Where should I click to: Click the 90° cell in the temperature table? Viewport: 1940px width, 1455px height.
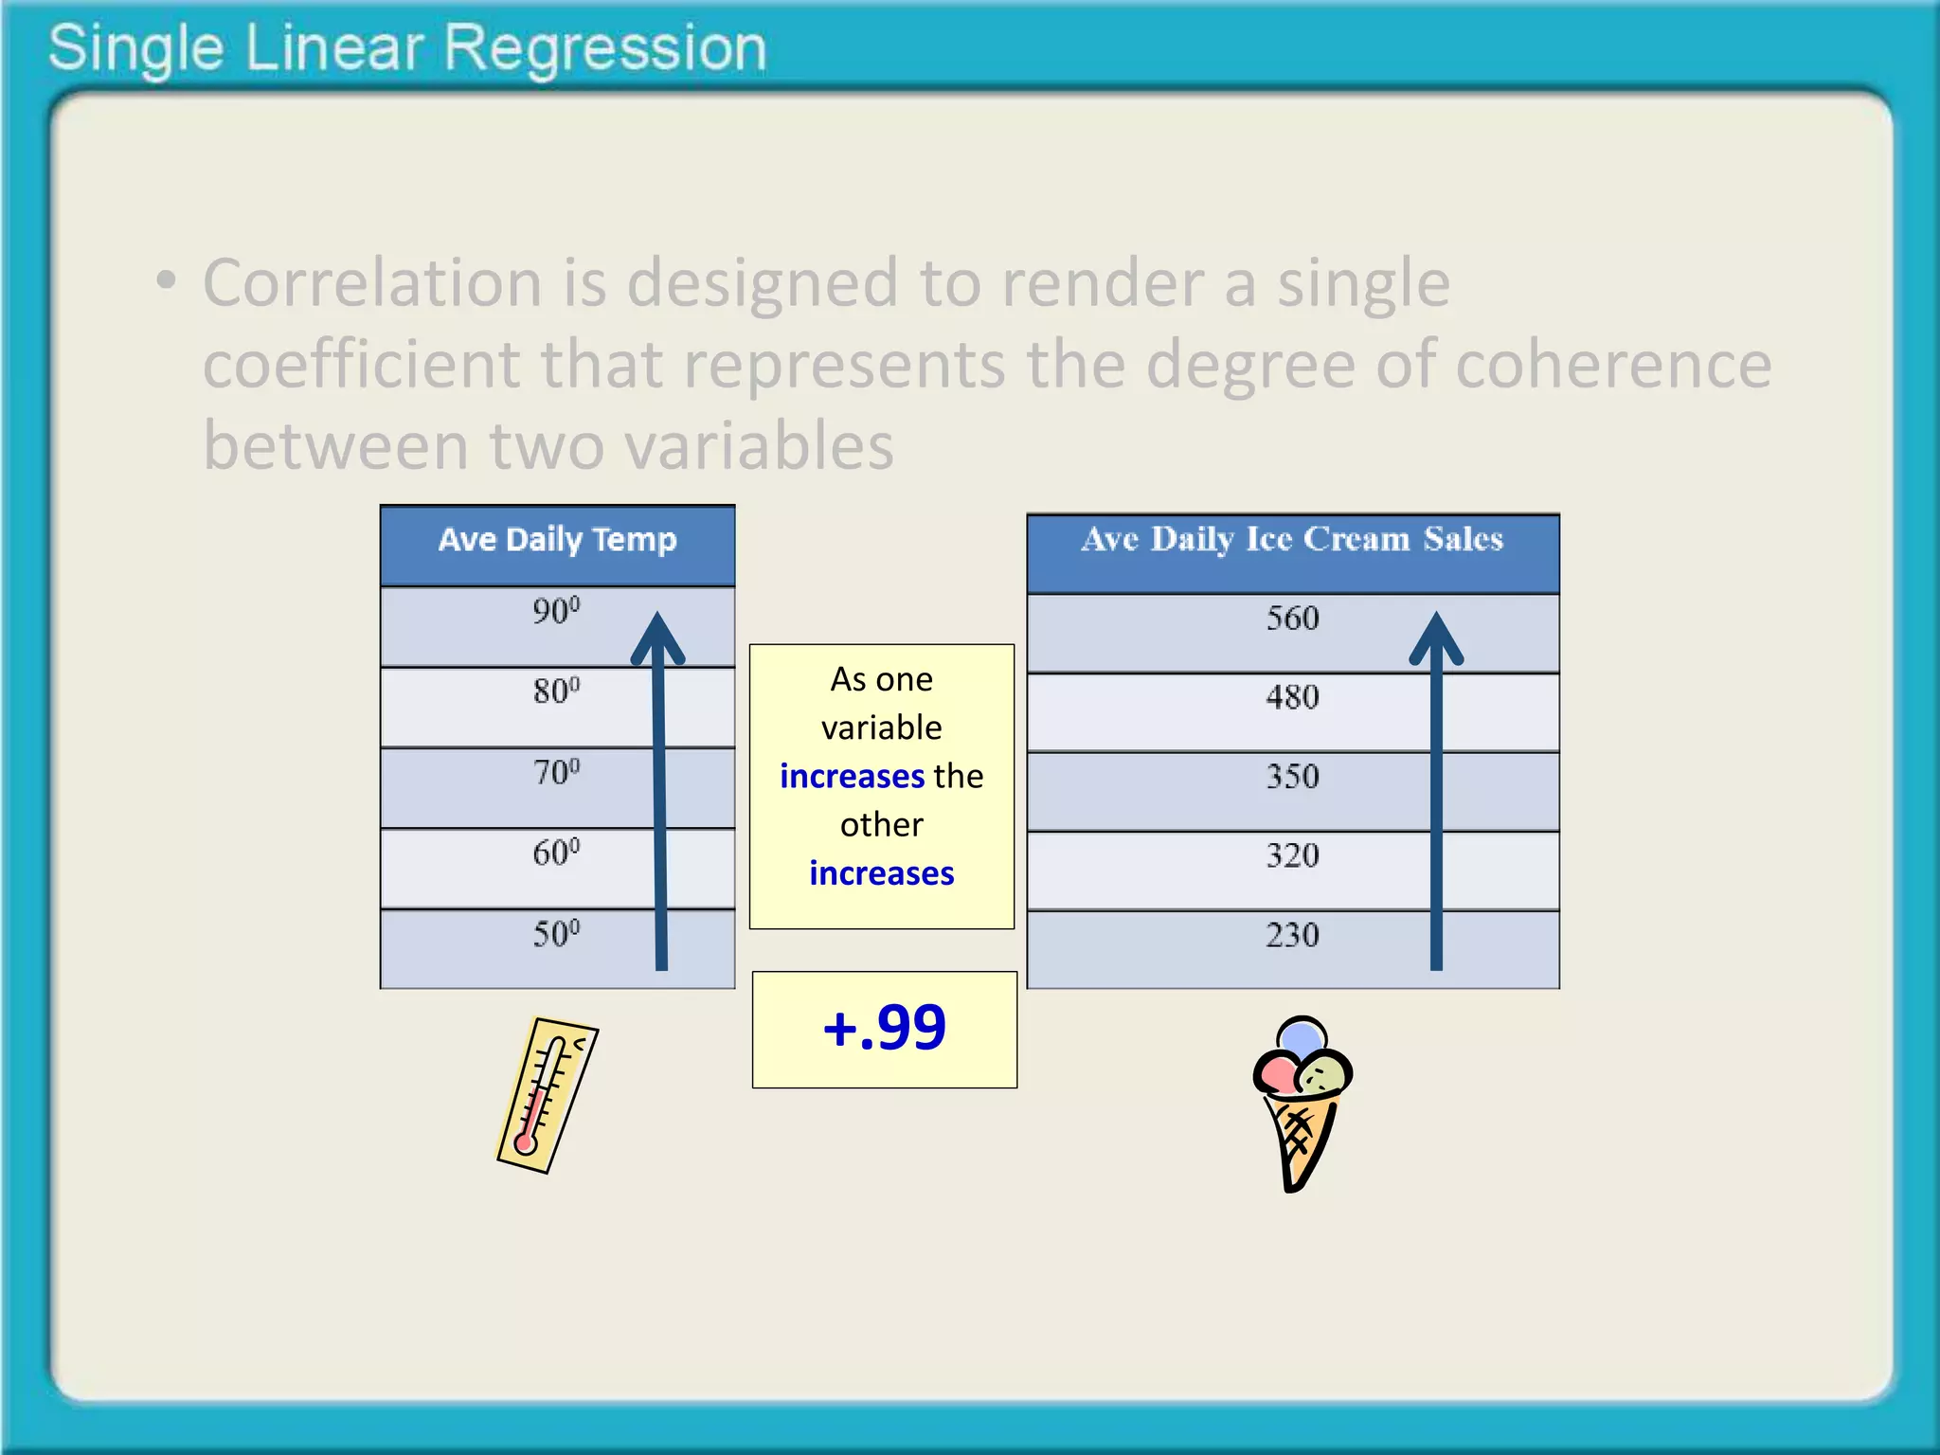click(x=555, y=611)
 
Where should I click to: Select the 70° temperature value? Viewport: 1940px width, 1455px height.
click(x=555, y=772)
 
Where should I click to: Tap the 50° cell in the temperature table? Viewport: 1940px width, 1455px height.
click(x=555, y=934)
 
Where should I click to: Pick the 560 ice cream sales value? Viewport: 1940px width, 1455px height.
click(x=1292, y=619)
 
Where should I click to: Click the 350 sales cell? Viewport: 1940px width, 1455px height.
click(x=1292, y=777)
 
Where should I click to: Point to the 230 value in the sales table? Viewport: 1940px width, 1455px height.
click(x=1292, y=935)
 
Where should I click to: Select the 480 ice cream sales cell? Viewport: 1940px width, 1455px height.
click(x=1292, y=698)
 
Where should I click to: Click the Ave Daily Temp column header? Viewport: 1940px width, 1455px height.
click(x=557, y=540)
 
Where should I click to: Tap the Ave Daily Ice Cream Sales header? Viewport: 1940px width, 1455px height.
click(x=1292, y=540)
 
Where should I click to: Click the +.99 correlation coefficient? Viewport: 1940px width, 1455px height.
click(x=884, y=1028)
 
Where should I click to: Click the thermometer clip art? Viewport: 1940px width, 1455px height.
click(x=548, y=1095)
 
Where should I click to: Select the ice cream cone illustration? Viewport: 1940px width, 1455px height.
click(x=1302, y=1105)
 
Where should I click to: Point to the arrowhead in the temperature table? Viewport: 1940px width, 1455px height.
click(x=657, y=637)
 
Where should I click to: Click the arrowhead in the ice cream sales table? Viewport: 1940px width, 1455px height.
click(x=1436, y=637)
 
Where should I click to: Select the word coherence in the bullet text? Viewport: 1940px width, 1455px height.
click(x=1613, y=365)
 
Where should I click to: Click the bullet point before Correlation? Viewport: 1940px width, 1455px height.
click(x=166, y=280)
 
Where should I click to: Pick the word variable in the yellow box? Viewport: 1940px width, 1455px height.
click(x=881, y=727)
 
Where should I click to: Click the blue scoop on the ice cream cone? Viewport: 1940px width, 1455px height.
click(x=1302, y=1035)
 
